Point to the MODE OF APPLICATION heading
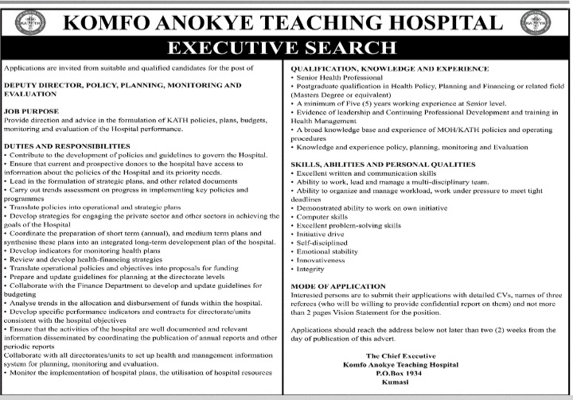coord(339,285)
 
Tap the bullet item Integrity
coord(311,270)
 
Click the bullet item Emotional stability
coord(328,251)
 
